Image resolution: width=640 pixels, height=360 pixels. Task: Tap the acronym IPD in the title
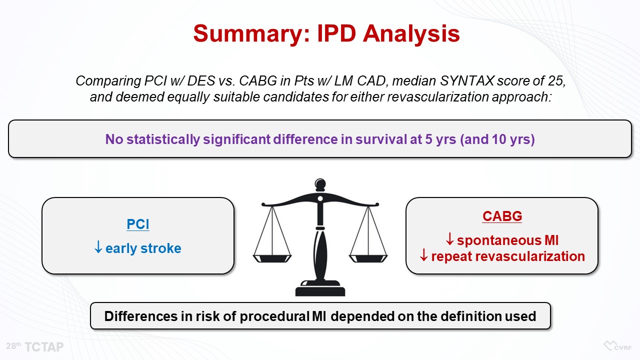(x=336, y=33)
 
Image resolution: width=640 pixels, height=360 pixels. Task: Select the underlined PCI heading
(x=137, y=224)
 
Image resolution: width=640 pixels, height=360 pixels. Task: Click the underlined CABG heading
(x=502, y=216)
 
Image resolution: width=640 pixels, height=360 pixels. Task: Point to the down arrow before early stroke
(x=98, y=247)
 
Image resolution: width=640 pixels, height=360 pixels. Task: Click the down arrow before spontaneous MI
(x=449, y=239)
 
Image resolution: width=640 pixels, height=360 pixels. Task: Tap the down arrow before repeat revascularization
(x=423, y=255)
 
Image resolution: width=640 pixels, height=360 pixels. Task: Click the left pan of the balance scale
(x=272, y=258)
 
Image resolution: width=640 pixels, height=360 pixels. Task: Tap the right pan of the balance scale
(x=368, y=258)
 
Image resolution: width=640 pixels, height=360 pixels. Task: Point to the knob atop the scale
(x=320, y=185)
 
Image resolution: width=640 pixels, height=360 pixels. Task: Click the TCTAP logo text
(x=44, y=347)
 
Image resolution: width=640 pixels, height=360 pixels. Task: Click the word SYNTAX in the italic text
(x=467, y=81)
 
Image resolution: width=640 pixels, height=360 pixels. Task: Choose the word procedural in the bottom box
(x=274, y=316)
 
